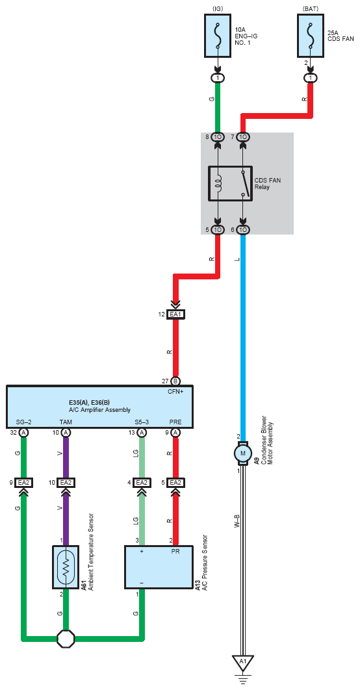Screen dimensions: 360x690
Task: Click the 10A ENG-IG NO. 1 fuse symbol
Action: (x=218, y=35)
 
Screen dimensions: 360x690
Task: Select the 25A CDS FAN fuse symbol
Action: (x=311, y=35)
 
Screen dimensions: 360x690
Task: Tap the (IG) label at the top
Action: (x=218, y=8)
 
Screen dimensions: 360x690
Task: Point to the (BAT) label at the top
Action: (x=311, y=8)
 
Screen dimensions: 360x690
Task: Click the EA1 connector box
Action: (x=175, y=314)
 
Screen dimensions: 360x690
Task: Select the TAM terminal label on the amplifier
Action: (x=66, y=422)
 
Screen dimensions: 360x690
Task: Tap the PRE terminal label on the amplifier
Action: (x=175, y=422)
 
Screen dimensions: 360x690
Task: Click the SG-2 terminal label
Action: (x=24, y=422)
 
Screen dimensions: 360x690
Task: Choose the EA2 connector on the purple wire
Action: (x=66, y=483)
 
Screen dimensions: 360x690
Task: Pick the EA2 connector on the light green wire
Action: (x=142, y=483)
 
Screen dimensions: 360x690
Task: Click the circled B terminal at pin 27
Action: (x=175, y=381)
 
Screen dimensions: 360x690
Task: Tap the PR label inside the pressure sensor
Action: (x=175, y=551)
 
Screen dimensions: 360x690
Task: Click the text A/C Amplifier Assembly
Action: (x=99, y=410)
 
